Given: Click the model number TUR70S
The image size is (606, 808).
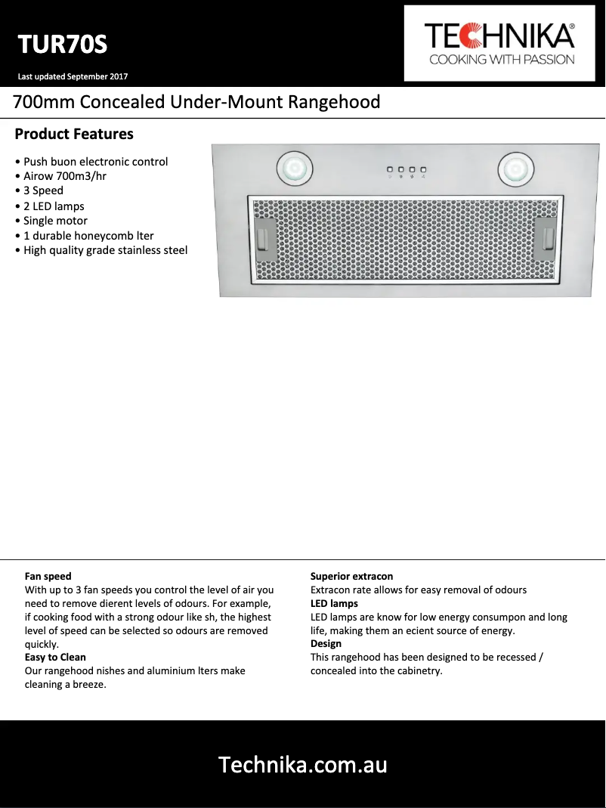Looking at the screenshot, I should [x=63, y=45].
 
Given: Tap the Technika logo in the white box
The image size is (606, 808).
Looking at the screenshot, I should [x=499, y=44].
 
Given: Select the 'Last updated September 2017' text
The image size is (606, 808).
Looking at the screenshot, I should [x=73, y=76].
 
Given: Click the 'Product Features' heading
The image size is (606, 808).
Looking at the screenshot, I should [x=74, y=135].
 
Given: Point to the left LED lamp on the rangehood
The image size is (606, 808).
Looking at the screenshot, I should [x=294, y=168].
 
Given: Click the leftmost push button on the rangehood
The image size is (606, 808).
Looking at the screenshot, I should [x=390, y=170].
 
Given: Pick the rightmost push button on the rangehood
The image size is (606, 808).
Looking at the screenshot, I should [x=424, y=170].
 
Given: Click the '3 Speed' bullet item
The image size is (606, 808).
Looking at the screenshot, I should [x=43, y=190].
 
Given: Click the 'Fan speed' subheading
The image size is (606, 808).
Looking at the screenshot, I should [x=48, y=576].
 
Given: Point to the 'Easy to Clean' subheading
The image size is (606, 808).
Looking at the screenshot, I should [x=55, y=658].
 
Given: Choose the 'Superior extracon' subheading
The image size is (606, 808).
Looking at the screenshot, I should [x=351, y=576].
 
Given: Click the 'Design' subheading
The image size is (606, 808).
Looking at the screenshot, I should [x=326, y=644].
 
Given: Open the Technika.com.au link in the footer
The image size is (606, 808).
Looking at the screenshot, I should [x=302, y=765].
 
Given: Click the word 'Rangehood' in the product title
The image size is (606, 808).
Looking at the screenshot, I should [x=334, y=102].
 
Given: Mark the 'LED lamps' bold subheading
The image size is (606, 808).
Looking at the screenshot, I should [x=334, y=603].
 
